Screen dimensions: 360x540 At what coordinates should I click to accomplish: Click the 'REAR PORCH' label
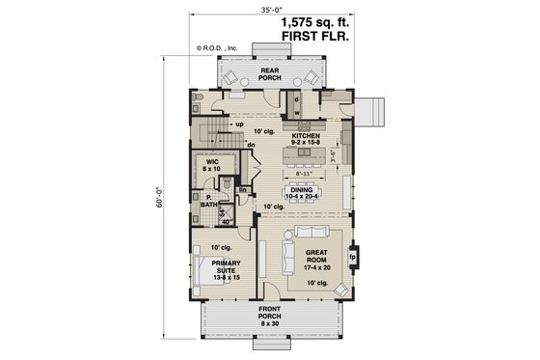(x=269, y=74)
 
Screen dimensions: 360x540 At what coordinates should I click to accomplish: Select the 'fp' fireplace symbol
(x=352, y=257)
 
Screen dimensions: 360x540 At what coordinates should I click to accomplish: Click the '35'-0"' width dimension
(x=269, y=10)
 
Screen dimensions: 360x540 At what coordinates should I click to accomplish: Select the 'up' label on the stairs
(x=238, y=124)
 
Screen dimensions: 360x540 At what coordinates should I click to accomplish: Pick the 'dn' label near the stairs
(x=251, y=146)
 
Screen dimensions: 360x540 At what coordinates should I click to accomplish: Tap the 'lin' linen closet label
(x=243, y=190)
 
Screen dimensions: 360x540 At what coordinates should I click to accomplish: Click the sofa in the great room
(x=287, y=259)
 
